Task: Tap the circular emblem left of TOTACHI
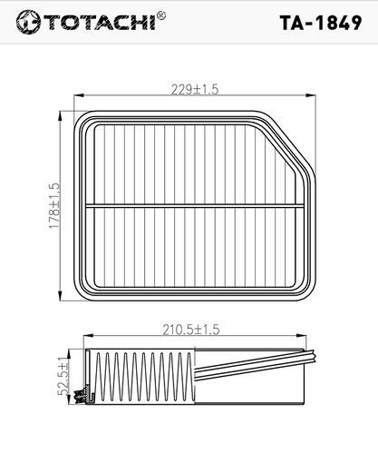(28, 22)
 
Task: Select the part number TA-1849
(321, 23)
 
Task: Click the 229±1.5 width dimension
(195, 89)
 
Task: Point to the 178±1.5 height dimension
(54, 205)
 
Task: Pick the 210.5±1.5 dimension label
(191, 330)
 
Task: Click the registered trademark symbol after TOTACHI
(161, 15)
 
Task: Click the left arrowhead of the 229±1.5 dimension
(79, 95)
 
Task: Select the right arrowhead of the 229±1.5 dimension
(311, 95)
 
